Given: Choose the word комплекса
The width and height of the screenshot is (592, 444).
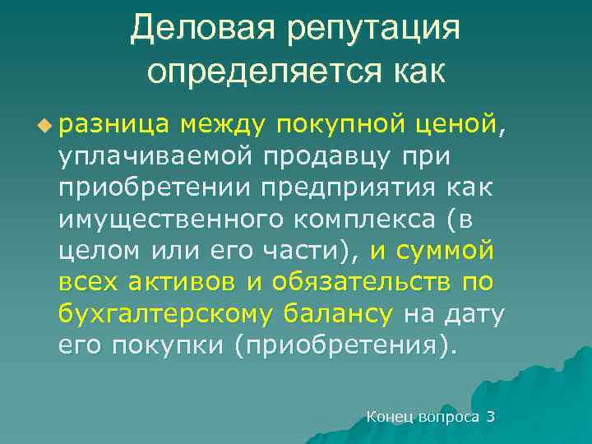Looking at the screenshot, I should tap(363, 218).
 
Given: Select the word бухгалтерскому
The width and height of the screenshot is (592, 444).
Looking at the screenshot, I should tap(165, 312).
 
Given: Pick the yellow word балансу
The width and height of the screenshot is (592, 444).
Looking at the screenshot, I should tap(338, 312).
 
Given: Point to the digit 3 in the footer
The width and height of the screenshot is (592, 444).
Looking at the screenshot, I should tap(491, 417).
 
